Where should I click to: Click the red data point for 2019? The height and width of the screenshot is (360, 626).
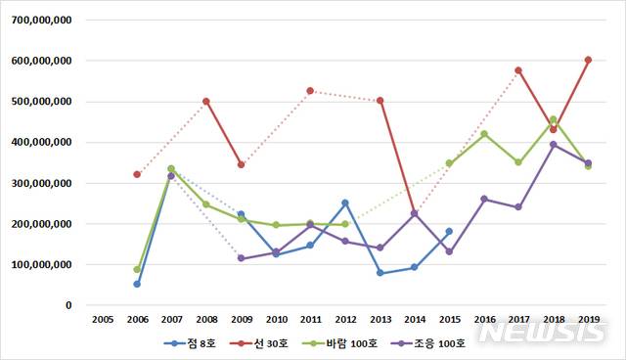pyautogui.click(x=588, y=60)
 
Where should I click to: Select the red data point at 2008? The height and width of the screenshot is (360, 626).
pyautogui.click(x=205, y=101)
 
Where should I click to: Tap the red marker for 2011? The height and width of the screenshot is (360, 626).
pyautogui.click(x=310, y=91)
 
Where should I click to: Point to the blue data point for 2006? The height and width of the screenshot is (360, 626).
pyautogui.click(x=137, y=284)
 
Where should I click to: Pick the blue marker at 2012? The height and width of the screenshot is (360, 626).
pyautogui.click(x=345, y=202)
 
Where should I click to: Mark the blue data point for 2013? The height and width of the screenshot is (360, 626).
pyautogui.click(x=380, y=273)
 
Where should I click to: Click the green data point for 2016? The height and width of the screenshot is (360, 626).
pyautogui.click(x=483, y=134)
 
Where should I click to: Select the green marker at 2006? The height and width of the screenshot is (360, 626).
pyautogui.click(x=137, y=269)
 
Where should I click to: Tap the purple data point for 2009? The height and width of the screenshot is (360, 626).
pyautogui.click(x=241, y=258)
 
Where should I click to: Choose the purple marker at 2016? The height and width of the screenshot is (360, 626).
pyautogui.click(x=483, y=199)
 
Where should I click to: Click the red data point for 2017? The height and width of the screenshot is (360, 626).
pyautogui.click(x=517, y=70)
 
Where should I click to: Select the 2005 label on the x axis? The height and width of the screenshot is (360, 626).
pyautogui.click(x=102, y=319)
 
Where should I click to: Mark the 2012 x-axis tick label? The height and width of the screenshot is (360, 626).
pyautogui.click(x=344, y=319)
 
